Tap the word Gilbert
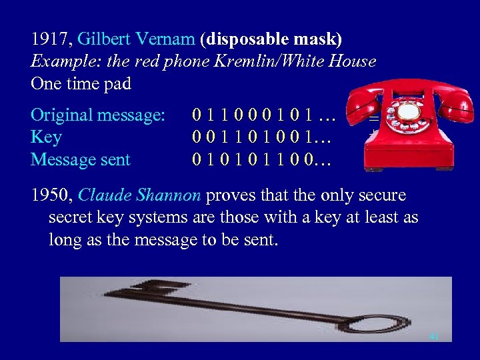click(x=104, y=39)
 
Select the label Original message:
click(x=98, y=115)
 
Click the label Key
click(x=46, y=137)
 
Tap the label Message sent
click(x=81, y=160)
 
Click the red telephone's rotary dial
click(x=408, y=113)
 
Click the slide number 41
click(x=435, y=337)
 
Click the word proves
click(x=229, y=195)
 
